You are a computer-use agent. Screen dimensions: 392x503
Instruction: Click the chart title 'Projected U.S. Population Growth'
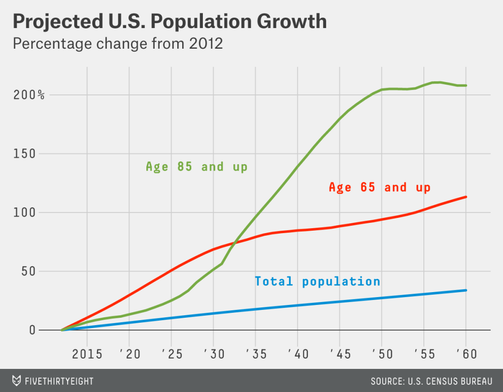(x=169, y=21)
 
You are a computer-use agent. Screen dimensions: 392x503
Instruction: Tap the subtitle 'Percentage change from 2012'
(x=118, y=44)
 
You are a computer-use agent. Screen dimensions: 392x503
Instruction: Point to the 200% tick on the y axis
(x=28, y=94)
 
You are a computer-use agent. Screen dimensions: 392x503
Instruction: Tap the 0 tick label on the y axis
(x=32, y=330)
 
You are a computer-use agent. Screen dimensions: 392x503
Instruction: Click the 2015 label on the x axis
(x=87, y=355)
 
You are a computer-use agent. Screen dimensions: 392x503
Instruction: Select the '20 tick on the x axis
(x=129, y=355)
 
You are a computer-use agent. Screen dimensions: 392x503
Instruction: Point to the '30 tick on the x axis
(x=213, y=355)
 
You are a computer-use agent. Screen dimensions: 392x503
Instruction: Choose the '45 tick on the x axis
(x=338, y=355)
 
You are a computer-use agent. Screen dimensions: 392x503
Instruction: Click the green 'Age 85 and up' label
(x=196, y=167)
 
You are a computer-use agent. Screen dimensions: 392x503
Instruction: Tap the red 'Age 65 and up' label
(x=379, y=187)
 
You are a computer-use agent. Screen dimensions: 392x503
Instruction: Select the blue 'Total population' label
(x=317, y=281)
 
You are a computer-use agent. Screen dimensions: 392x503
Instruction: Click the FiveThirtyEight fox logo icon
(x=17, y=381)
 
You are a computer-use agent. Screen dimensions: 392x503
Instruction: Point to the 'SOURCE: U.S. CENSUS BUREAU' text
(x=431, y=381)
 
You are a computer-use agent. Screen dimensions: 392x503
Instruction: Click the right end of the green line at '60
(x=466, y=86)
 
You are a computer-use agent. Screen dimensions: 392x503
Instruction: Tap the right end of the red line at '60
(x=466, y=197)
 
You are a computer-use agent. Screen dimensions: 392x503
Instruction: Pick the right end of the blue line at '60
(x=466, y=290)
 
